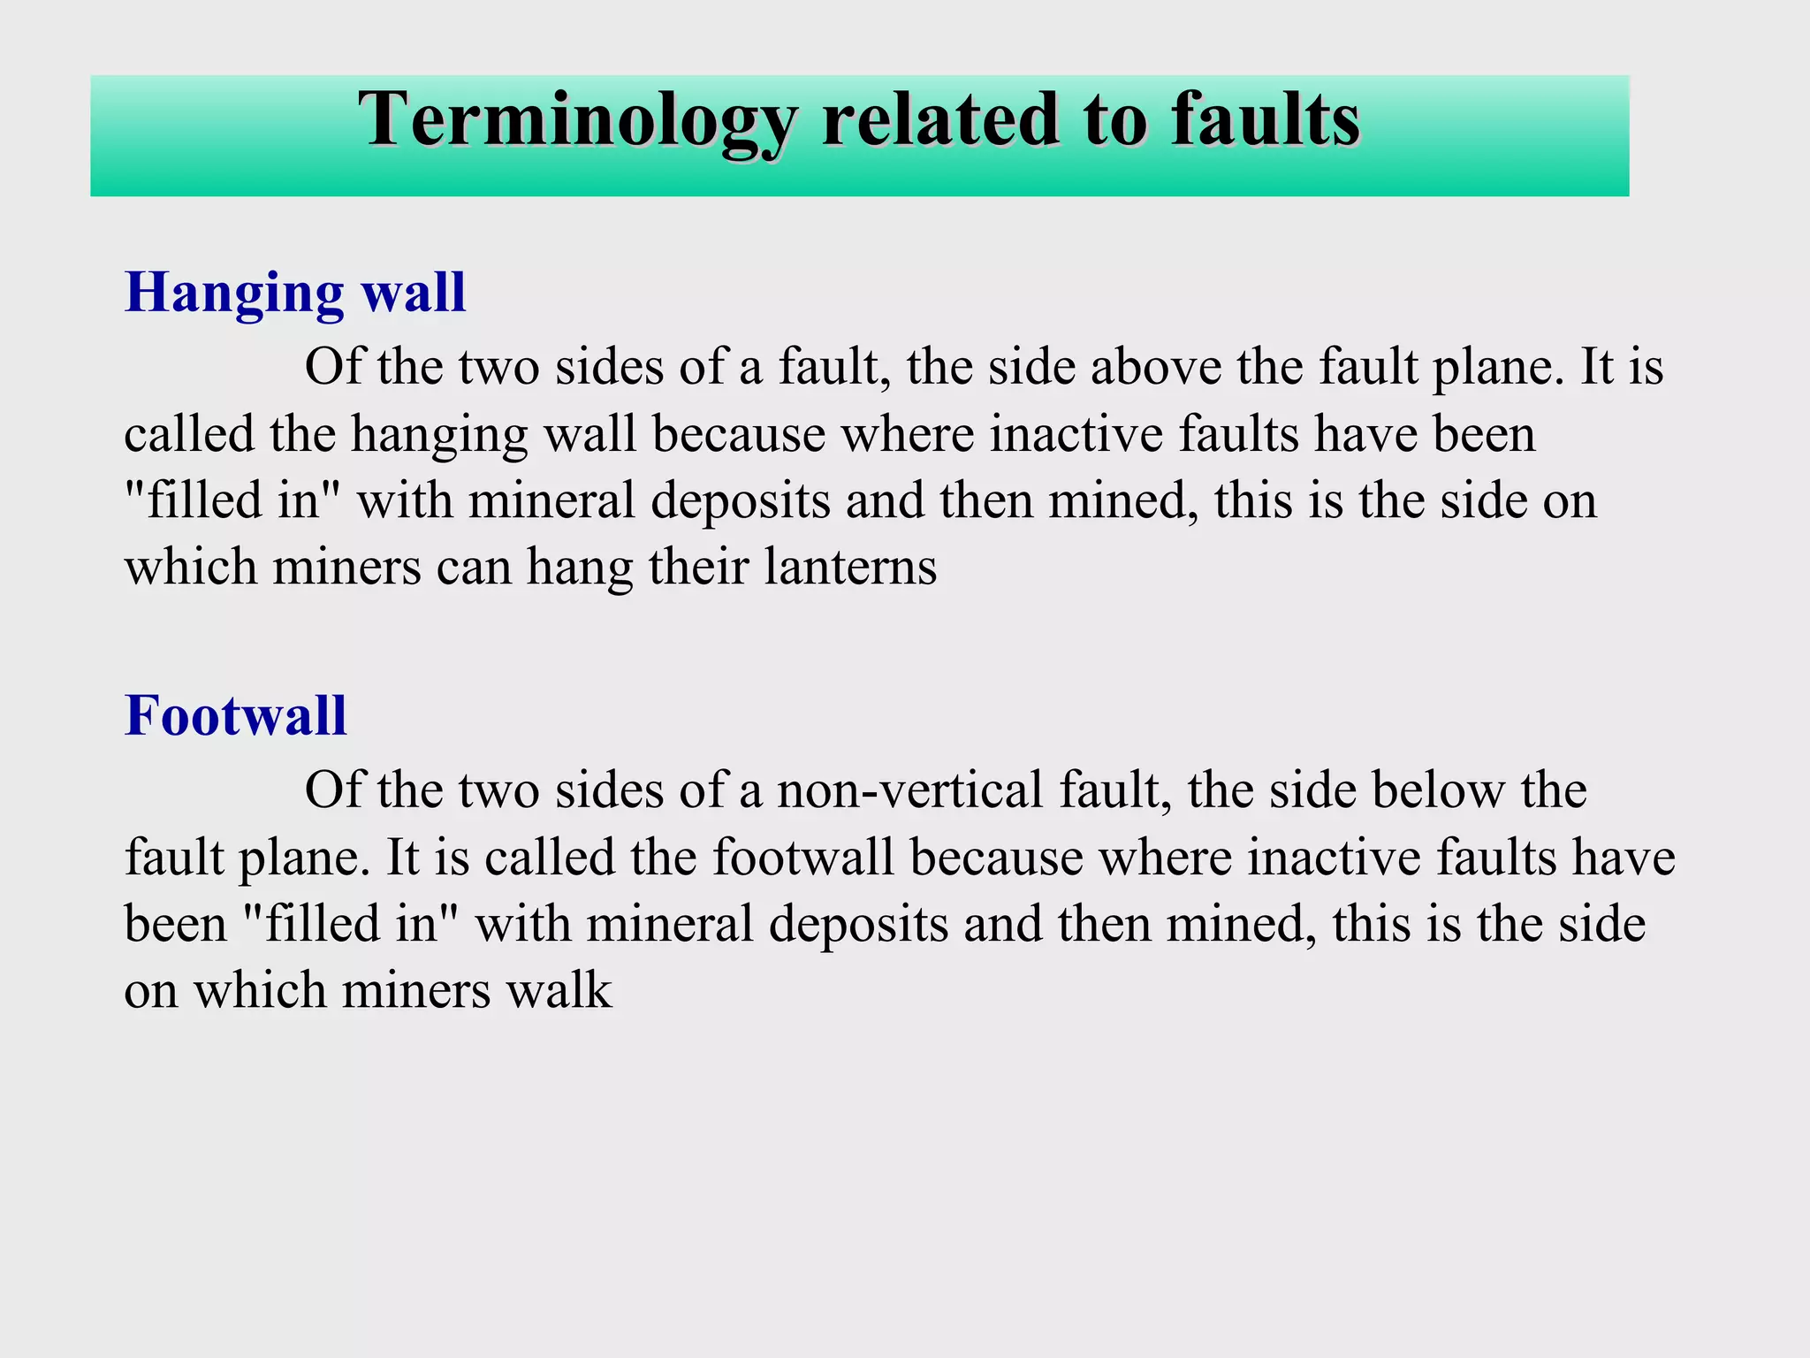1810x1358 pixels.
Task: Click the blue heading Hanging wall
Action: [295, 293]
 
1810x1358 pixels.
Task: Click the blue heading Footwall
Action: [235, 715]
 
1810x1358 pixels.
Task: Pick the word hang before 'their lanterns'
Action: [580, 568]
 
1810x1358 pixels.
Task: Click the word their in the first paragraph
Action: [698, 567]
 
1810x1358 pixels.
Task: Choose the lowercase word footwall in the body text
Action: [803, 858]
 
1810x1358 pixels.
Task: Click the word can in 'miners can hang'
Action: [475, 568]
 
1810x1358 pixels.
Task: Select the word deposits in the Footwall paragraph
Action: [858, 925]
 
